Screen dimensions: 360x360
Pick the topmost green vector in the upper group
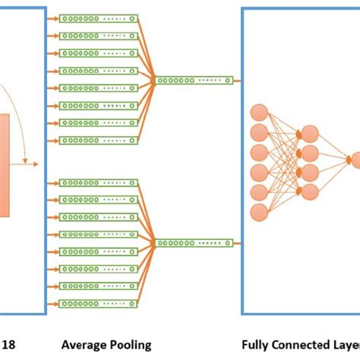pos(99,17)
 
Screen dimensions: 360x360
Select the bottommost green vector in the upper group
pos(99,141)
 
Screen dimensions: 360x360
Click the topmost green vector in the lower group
pos(99,182)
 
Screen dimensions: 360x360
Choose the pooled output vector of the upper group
pos(194,79)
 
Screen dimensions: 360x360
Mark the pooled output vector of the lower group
pos(194,244)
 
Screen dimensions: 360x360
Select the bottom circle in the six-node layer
pos(259,211)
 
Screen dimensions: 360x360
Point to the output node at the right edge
pos(355,160)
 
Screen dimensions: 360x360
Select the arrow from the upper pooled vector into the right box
pos(237,79)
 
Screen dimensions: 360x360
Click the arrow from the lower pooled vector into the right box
pos(237,244)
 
